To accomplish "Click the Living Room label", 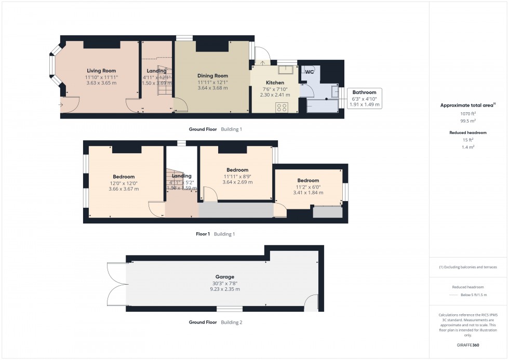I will click(x=101, y=71).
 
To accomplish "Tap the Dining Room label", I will click(x=212, y=76).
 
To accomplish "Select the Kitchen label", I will click(x=275, y=83).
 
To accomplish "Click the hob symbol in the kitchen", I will click(x=282, y=107).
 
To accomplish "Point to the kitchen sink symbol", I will click(x=285, y=70).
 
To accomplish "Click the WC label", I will click(x=309, y=72).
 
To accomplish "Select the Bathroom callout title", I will click(x=364, y=92).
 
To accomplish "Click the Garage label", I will click(x=225, y=277).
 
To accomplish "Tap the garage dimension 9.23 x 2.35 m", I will click(x=225, y=289).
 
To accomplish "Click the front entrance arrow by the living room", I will click(x=61, y=105).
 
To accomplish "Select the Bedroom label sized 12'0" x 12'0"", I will click(x=124, y=177).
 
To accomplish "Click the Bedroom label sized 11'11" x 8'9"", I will click(x=237, y=170).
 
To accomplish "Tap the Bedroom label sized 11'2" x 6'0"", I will click(x=308, y=180).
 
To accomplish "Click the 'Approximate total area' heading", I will click(x=467, y=105).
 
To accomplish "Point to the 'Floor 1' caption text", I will click(x=203, y=234).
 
